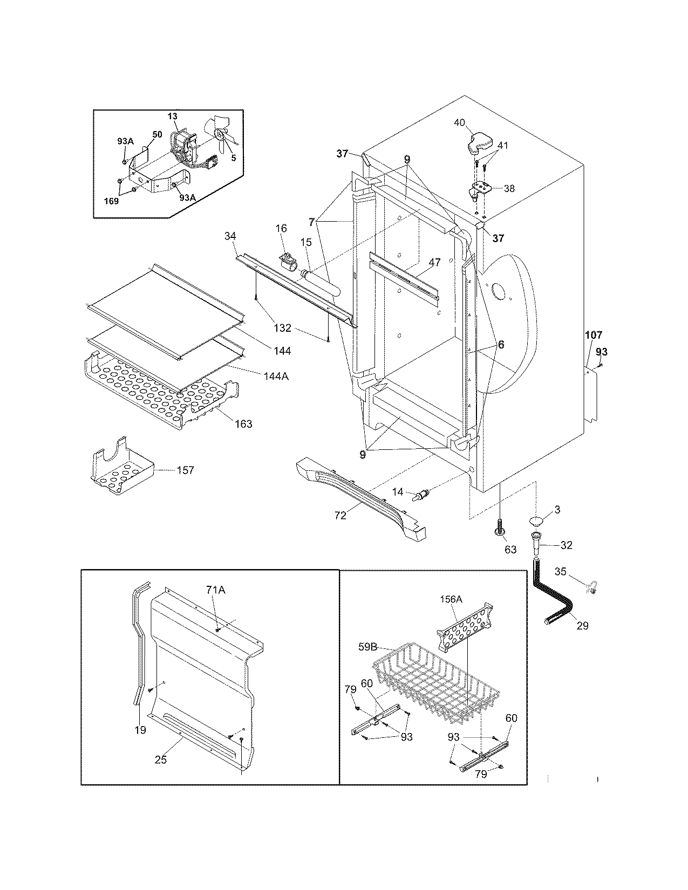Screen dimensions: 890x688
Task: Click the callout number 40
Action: click(x=459, y=122)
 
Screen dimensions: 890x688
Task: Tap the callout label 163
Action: click(x=243, y=424)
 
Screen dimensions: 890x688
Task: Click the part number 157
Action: click(x=185, y=470)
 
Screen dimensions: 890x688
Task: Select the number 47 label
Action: click(x=434, y=263)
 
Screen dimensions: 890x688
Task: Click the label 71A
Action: click(x=214, y=591)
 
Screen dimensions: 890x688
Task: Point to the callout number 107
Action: click(x=594, y=336)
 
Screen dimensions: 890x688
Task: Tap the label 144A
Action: click(x=276, y=376)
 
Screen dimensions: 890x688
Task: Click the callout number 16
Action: click(x=281, y=228)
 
